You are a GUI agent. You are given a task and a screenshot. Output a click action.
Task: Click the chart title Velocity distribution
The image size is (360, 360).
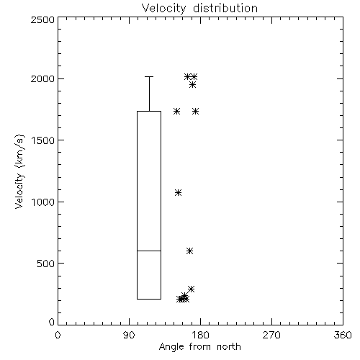pyautogui.click(x=199, y=8)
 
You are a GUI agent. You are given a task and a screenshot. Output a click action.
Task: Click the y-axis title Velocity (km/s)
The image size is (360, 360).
pyautogui.click(x=19, y=171)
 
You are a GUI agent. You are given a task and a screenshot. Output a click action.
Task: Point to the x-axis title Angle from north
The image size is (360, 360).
pyautogui.click(x=199, y=347)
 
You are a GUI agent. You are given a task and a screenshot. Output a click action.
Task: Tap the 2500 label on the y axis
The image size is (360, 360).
pyautogui.click(x=42, y=19)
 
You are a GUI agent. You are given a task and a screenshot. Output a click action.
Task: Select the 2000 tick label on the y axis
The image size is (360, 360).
pyautogui.click(x=42, y=78)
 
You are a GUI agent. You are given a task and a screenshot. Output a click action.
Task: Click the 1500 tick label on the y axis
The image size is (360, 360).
pyautogui.click(x=43, y=140)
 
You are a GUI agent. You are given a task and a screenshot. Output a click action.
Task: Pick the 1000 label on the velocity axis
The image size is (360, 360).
pyautogui.click(x=43, y=202)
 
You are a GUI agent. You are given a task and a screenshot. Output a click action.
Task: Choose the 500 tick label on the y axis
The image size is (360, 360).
pyautogui.click(x=46, y=264)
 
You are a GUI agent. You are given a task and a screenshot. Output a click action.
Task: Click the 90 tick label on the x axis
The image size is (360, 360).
pyautogui.click(x=129, y=335)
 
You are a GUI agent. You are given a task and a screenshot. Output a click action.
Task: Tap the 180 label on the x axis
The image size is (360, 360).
pyautogui.click(x=200, y=335)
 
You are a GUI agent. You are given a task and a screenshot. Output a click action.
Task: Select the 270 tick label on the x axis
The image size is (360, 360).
pyautogui.click(x=271, y=335)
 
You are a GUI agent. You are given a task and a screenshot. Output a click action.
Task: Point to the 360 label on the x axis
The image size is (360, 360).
pyautogui.click(x=343, y=335)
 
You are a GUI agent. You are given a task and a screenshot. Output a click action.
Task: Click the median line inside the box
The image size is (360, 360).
pyautogui.click(x=149, y=251)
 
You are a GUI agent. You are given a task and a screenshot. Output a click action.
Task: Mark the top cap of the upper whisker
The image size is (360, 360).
pyautogui.click(x=149, y=77)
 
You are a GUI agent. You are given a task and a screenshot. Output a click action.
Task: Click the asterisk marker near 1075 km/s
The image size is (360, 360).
pyautogui.click(x=178, y=193)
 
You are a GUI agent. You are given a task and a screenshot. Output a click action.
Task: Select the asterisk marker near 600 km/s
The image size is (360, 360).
pyautogui.click(x=189, y=251)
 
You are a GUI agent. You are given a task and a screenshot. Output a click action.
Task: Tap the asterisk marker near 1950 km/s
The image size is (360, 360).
pyautogui.click(x=192, y=85)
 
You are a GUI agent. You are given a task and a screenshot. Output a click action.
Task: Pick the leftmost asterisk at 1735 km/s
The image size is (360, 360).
pyautogui.click(x=177, y=112)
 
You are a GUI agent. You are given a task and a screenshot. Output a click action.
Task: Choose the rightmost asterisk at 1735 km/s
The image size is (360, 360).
pyautogui.click(x=196, y=112)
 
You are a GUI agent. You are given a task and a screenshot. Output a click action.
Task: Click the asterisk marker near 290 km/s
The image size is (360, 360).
pyautogui.click(x=191, y=289)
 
